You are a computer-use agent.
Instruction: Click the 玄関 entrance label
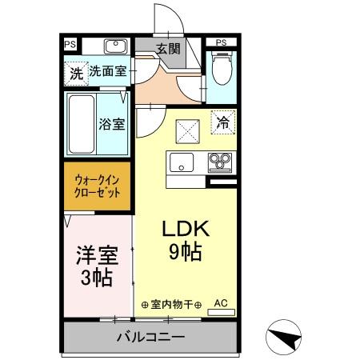(168, 49)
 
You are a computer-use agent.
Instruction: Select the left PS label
(70, 44)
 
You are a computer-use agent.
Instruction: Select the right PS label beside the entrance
(221, 42)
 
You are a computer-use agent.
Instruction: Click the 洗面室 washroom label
(107, 71)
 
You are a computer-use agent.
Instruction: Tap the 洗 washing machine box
(75, 74)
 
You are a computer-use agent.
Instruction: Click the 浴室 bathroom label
(110, 124)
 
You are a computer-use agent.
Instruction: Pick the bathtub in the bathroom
(81, 126)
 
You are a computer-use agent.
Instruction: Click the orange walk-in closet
(98, 186)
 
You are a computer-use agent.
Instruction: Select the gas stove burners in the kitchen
(218, 163)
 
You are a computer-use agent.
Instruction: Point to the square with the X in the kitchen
(187, 127)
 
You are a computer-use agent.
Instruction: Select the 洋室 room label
(97, 256)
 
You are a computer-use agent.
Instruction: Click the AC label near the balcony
(221, 303)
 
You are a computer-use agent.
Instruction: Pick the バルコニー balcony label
(150, 338)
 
